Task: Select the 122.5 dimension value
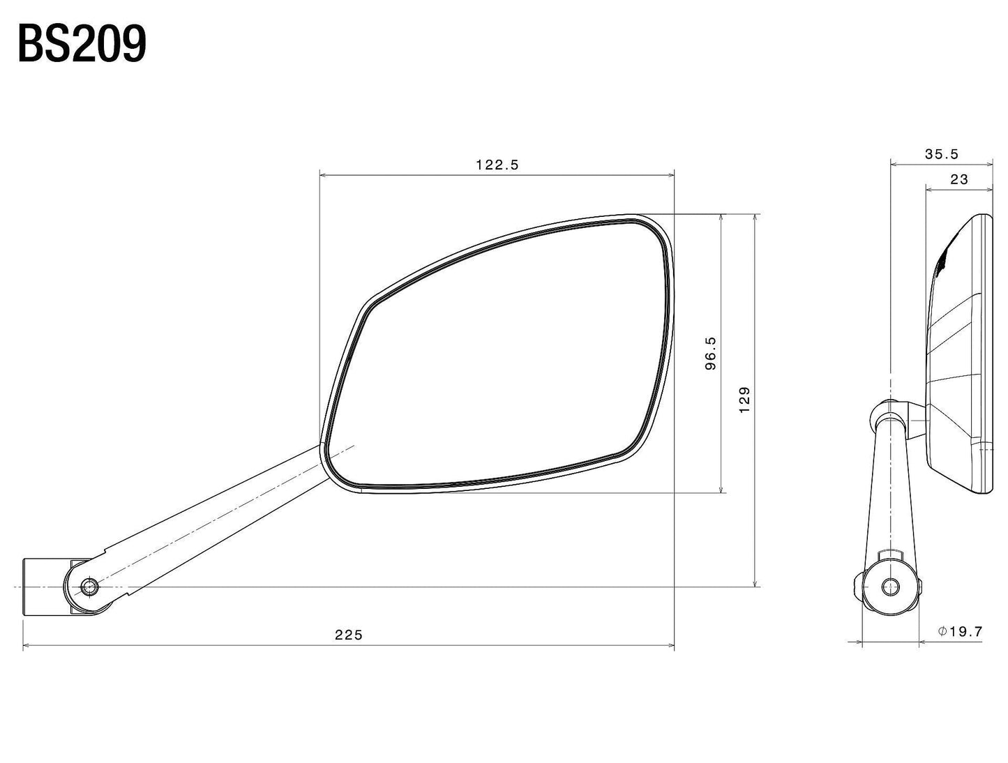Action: tap(497, 165)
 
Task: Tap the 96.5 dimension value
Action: tap(710, 353)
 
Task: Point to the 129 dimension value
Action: tap(744, 400)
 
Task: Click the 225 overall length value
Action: tap(349, 635)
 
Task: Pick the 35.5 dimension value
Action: tap(942, 154)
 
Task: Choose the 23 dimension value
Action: tap(959, 179)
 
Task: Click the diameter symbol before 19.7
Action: tap(942, 631)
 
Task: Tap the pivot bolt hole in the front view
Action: tap(89, 587)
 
